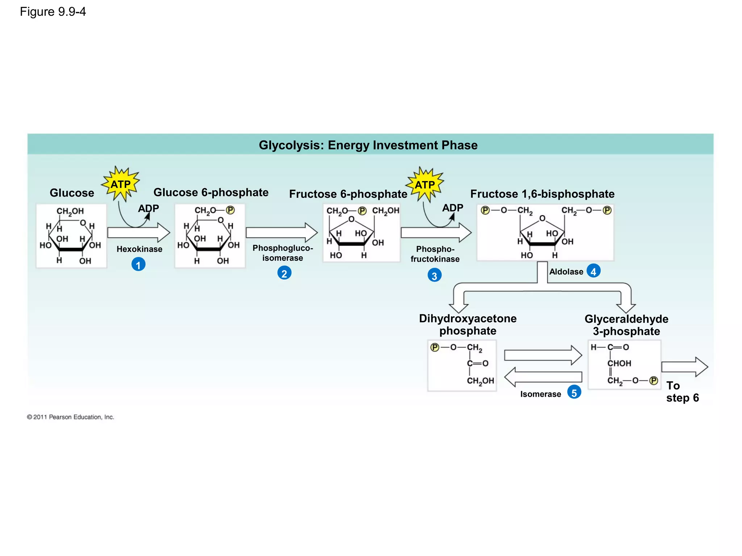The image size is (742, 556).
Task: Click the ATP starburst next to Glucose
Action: (x=121, y=184)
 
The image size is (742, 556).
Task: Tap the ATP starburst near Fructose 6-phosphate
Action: (x=425, y=185)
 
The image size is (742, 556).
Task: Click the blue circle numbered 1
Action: (x=138, y=265)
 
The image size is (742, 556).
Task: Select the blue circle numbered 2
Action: (x=284, y=273)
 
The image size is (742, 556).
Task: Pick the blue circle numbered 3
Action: (x=434, y=276)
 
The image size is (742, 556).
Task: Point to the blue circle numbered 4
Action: (x=593, y=271)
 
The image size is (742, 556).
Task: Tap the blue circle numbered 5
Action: (x=574, y=393)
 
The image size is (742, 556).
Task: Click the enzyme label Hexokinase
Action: (x=139, y=249)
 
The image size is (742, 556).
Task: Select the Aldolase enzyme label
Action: (x=566, y=271)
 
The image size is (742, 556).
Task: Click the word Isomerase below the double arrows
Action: (x=541, y=394)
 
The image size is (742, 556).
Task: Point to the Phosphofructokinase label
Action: (x=435, y=254)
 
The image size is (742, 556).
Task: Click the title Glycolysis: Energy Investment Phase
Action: (x=368, y=145)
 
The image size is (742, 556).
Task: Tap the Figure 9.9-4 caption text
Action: (x=53, y=12)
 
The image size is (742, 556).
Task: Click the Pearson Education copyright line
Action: (x=71, y=417)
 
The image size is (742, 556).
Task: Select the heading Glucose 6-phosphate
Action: (x=211, y=192)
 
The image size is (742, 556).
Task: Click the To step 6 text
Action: (x=682, y=392)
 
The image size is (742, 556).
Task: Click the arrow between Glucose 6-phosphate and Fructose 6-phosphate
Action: (x=282, y=232)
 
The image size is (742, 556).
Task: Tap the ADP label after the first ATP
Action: (x=149, y=208)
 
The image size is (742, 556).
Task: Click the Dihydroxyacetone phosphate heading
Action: (x=468, y=324)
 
